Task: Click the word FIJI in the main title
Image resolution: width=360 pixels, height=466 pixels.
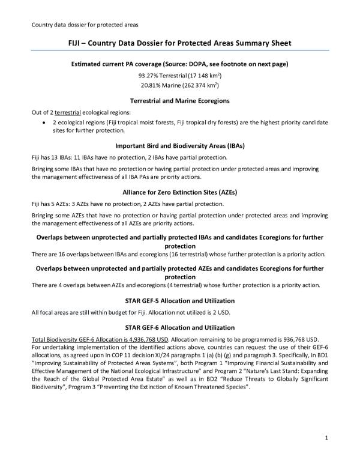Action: [74, 44]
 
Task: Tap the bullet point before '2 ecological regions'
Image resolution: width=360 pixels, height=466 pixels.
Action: [45, 122]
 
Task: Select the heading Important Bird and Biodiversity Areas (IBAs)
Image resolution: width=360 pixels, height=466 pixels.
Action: [179, 145]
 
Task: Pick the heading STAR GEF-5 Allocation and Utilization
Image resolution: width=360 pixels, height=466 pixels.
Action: [179, 300]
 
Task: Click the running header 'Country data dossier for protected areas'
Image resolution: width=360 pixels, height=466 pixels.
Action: [83, 25]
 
